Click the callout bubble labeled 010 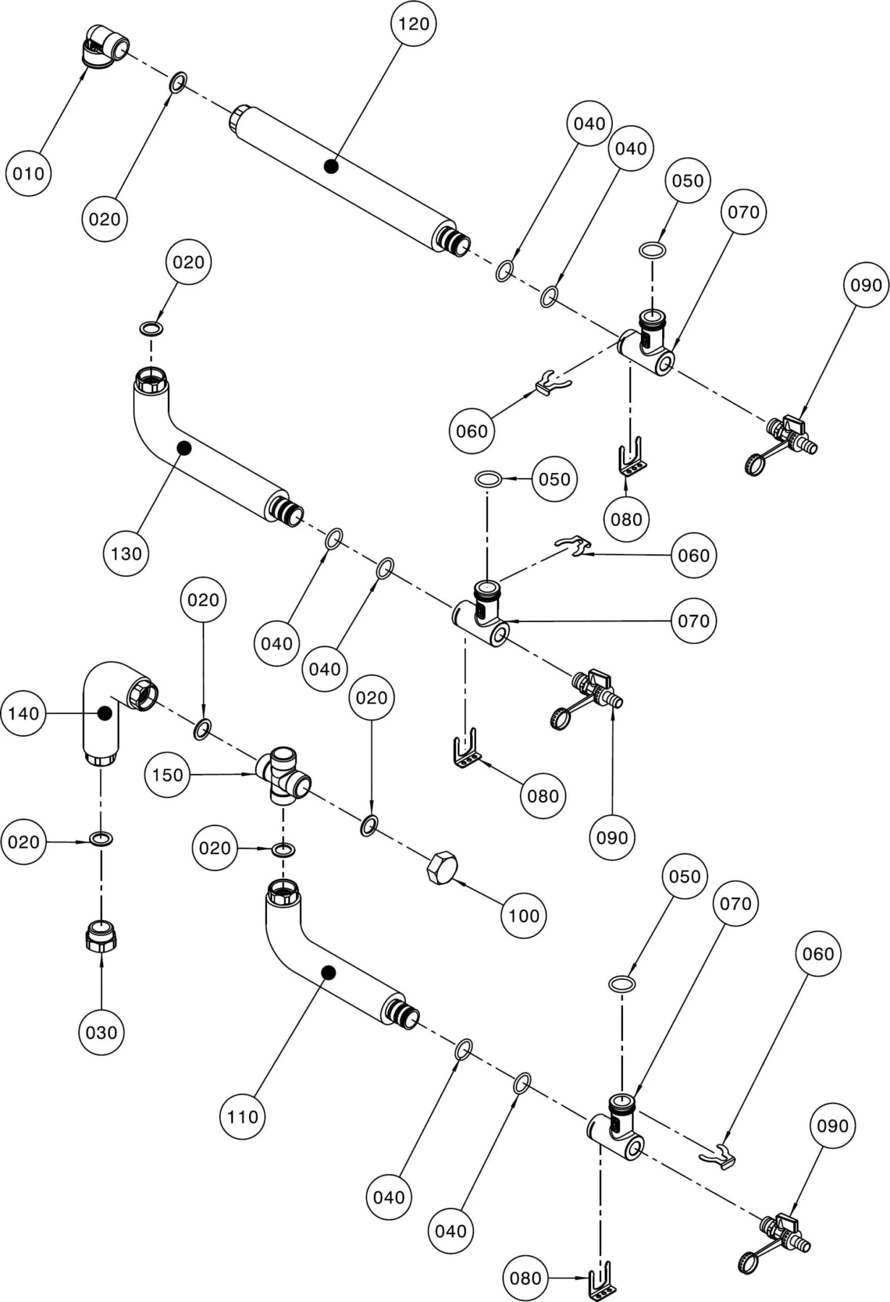point(28,174)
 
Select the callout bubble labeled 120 point(414,24)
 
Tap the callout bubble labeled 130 point(126,554)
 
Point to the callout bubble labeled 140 point(24,713)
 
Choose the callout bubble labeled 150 point(167,774)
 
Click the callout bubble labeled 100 point(523,916)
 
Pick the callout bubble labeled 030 point(101,1032)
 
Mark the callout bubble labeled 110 point(243,1117)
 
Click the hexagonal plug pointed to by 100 point(442,868)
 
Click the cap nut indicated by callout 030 point(101,936)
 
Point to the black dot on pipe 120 point(332,167)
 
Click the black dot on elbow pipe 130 point(184,448)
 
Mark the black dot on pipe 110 point(328,972)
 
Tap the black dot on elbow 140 point(105,713)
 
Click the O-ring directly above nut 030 point(101,839)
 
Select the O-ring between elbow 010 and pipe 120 point(178,82)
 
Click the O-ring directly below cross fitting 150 point(283,849)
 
